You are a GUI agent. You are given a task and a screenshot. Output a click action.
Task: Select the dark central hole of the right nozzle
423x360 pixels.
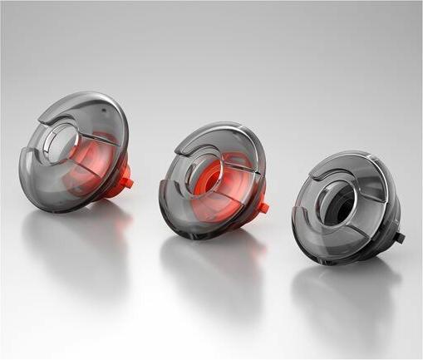click(x=340, y=199)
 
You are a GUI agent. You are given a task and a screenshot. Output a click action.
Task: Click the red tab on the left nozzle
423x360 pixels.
click(x=125, y=176)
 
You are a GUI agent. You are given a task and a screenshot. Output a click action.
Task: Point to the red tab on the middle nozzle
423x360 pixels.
click(x=262, y=206)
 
